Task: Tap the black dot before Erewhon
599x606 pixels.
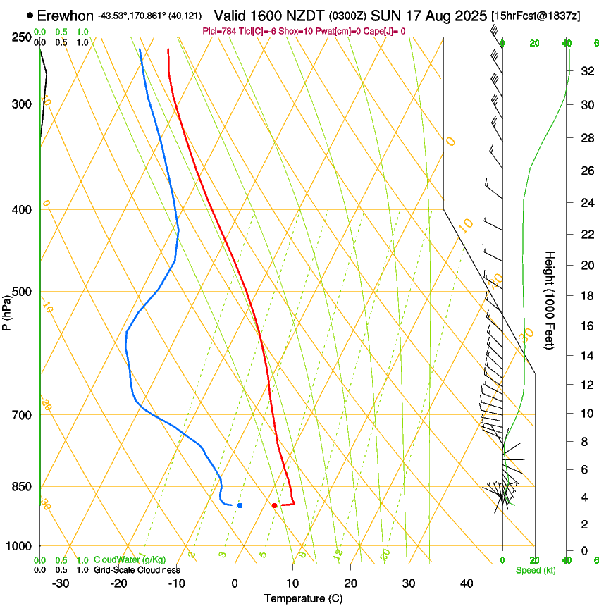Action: pyautogui.click(x=30, y=15)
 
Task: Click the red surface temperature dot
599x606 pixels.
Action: pyautogui.click(x=274, y=505)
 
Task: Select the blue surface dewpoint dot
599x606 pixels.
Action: pyautogui.click(x=240, y=505)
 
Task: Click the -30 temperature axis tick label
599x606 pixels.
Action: pyautogui.click(x=61, y=583)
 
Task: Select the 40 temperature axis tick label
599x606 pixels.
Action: pyautogui.click(x=467, y=583)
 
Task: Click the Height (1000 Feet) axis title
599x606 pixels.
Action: pyautogui.click(x=550, y=299)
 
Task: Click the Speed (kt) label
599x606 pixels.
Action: pyautogui.click(x=536, y=570)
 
